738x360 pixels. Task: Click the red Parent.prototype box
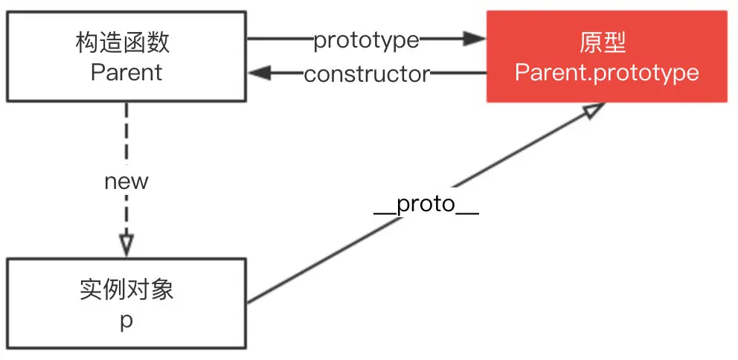[x=606, y=57]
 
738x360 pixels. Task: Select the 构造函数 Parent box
[x=126, y=57]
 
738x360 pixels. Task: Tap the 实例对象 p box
[x=126, y=303]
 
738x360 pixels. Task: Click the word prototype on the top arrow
[x=366, y=40]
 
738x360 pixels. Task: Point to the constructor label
[x=367, y=74]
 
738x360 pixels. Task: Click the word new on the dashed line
[x=126, y=181]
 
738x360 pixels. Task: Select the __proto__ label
[x=426, y=205]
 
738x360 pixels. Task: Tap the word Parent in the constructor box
[x=126, y=72]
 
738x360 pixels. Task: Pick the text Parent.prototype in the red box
[x=606, y=72]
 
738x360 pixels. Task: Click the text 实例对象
[x=126, y=289]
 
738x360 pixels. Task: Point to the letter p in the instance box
[x=126, y=322]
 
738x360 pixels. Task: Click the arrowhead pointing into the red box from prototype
[x=474, y=39]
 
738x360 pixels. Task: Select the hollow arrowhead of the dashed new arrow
[x=126, y=245]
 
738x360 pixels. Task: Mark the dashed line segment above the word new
[x=126, y=134]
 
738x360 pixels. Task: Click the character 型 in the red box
[x=615, y=42]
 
